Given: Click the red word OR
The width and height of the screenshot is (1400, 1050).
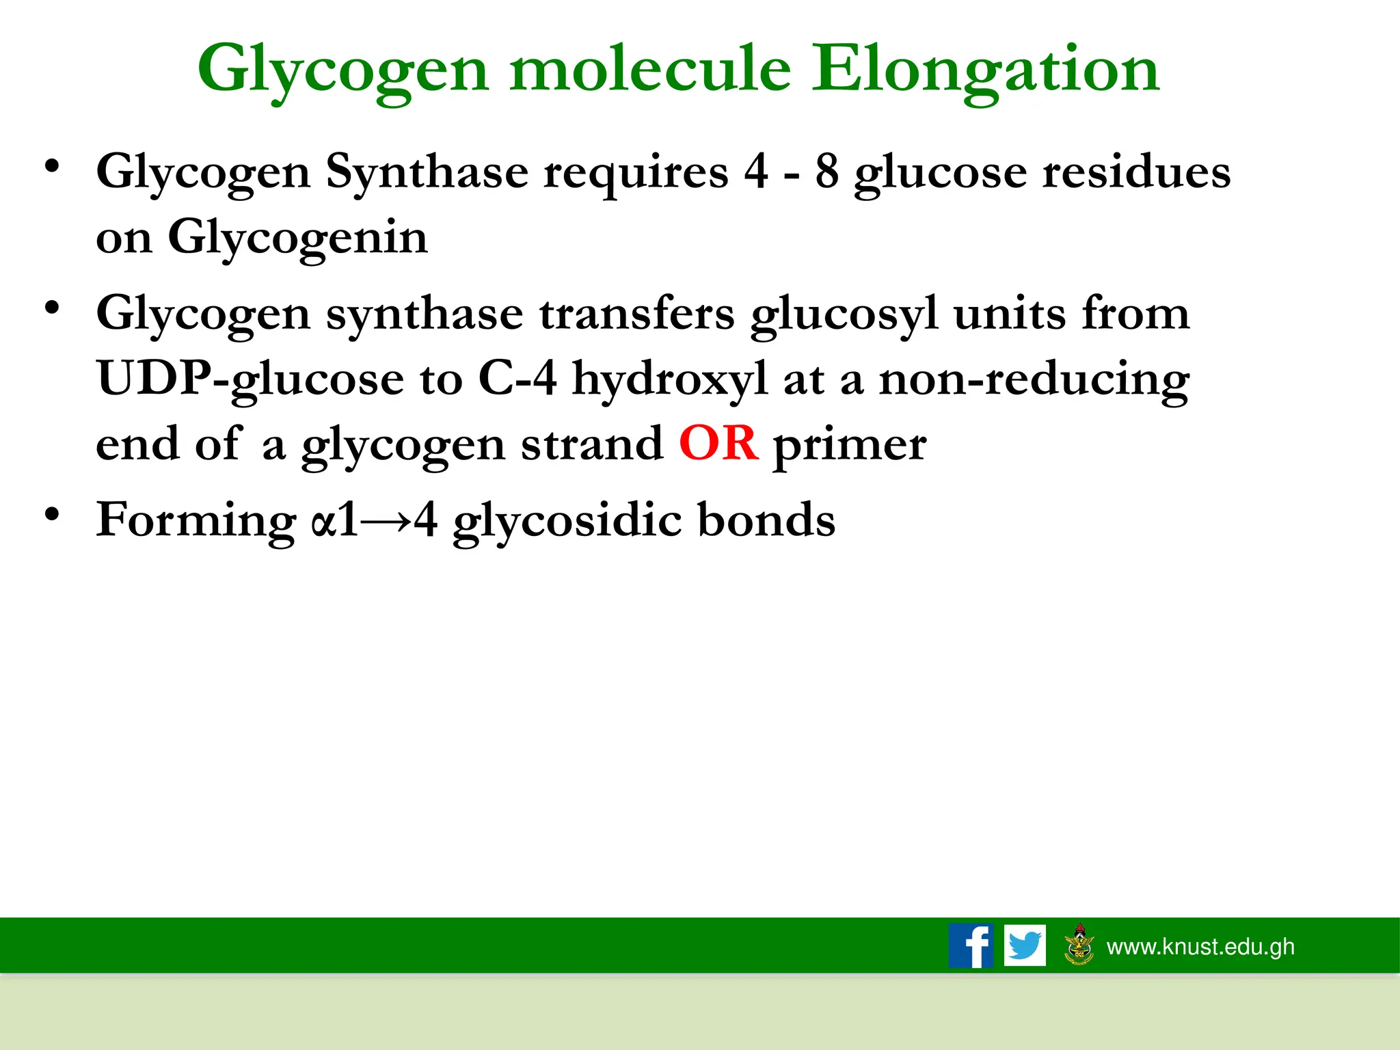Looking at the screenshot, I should [x=718, y=443].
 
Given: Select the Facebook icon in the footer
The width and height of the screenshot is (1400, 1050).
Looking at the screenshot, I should [x=971, y=945].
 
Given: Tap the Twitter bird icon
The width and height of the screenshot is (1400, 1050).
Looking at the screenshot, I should [x=1025, y=945].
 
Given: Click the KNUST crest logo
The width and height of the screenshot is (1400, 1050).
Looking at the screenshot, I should [x=1079, y=945].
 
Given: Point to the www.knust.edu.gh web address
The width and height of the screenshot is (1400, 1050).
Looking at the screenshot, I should [x=1200, y=947].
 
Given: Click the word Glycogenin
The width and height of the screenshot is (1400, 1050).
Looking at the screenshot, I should [x=297, y=238].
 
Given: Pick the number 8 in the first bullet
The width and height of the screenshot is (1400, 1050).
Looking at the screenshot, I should [x=826, y=171].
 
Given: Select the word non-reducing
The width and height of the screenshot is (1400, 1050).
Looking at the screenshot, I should [x=1034, y=379].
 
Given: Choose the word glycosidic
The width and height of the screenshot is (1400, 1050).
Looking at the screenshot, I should [x=567, y=521].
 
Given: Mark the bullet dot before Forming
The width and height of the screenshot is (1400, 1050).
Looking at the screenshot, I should [x=52, y=514].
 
